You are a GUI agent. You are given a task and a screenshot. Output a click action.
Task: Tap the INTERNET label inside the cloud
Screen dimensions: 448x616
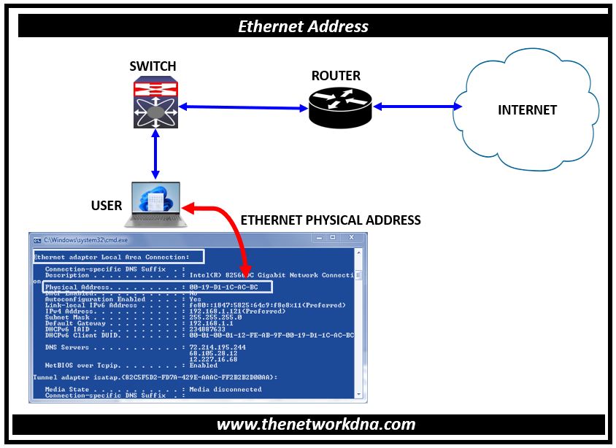click(527, 110)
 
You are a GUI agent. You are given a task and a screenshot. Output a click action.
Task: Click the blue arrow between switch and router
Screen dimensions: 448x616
click(244, 108)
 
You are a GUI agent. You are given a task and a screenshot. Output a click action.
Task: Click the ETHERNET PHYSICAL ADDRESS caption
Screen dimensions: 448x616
click(330, 220)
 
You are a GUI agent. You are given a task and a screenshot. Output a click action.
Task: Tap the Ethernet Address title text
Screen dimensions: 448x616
click(304, 27)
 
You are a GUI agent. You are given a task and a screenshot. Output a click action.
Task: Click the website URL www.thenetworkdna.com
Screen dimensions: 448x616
click(316, 425)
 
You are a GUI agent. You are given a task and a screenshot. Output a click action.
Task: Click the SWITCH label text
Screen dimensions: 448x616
click(153, 66)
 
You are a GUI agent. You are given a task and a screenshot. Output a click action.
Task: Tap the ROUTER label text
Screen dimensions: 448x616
click(336, 76)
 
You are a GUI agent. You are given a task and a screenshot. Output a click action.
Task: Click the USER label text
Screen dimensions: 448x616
click(107, 205)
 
